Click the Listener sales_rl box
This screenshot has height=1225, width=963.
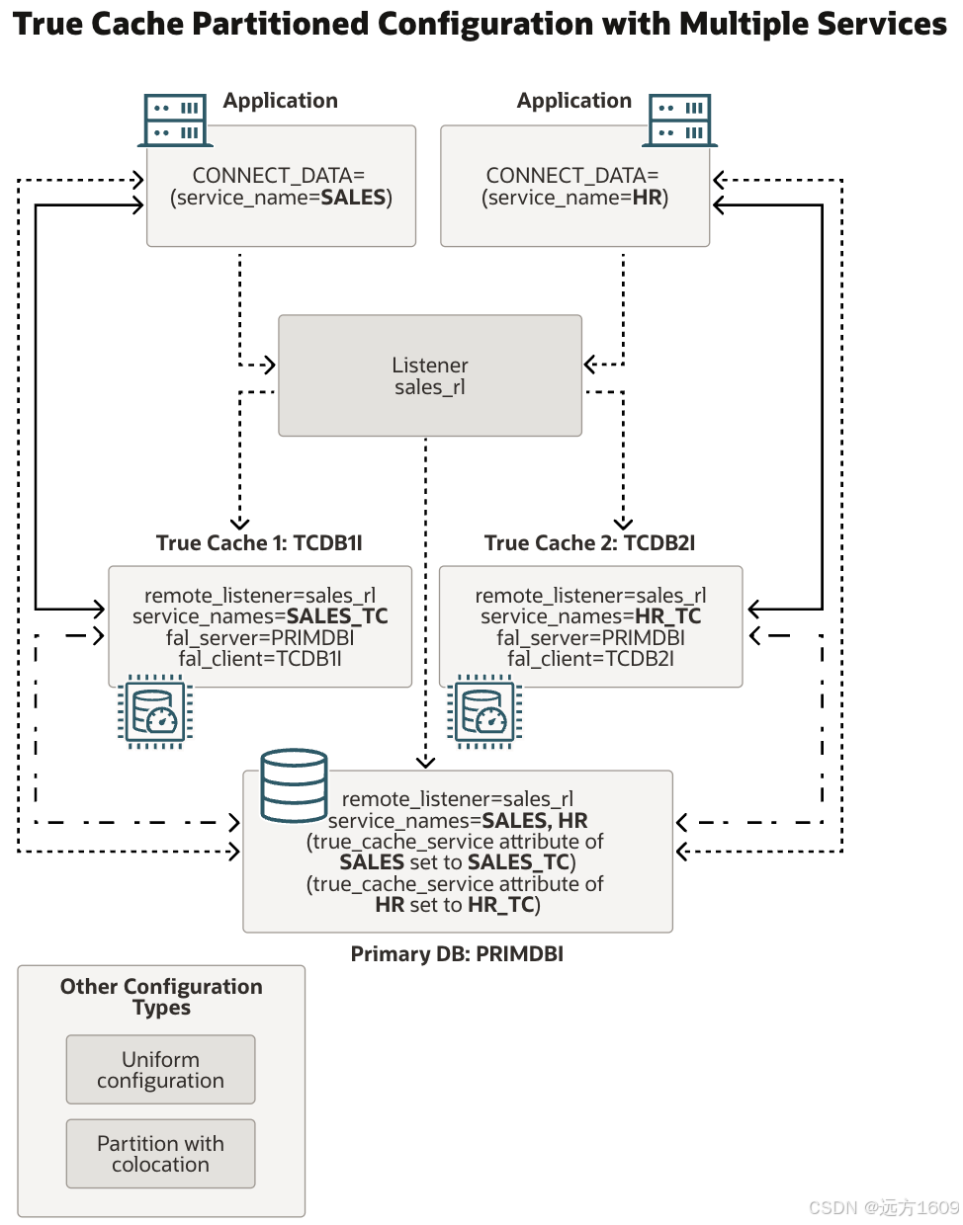[429, 375]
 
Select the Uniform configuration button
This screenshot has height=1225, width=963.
[160, 1070]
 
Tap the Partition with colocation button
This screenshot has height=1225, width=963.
[160, 1154]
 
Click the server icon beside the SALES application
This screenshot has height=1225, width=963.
[175, 121]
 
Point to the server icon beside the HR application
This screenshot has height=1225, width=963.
[680, 121]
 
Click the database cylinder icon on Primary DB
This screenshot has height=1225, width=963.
[294, 786]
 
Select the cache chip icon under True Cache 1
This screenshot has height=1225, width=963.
[155, 711]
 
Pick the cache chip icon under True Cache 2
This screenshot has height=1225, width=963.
[484, 711]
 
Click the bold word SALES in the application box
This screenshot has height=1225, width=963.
[353, 198]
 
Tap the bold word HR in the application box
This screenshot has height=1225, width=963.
[647, 198]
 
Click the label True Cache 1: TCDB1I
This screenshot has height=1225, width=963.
[259, 543]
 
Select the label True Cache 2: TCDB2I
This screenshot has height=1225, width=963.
[589, 543]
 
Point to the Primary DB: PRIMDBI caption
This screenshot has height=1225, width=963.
[457, 954]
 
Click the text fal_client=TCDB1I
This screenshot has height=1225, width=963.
[260, 659]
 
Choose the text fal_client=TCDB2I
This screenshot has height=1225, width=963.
[590, 659]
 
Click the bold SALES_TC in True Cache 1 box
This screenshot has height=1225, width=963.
[337, 616]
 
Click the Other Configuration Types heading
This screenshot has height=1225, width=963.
[161, 996]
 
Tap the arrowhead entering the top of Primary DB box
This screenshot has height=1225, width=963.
[425, 762]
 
